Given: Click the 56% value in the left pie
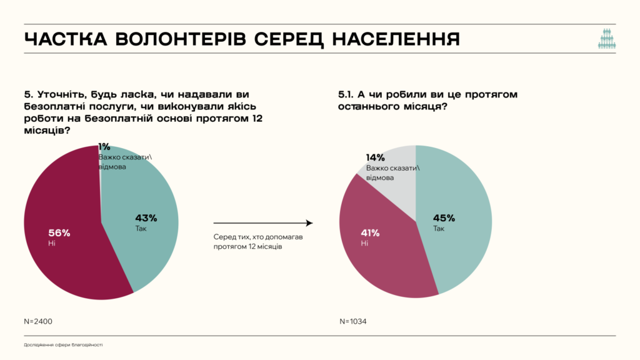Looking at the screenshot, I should (59, 232).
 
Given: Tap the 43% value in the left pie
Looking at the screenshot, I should (146, 218).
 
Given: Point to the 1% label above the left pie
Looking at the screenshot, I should (104, 146).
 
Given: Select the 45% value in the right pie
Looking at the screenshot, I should (444, 218).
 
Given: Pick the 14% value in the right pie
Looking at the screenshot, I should (375, 157).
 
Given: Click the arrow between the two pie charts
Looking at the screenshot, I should (262, 222).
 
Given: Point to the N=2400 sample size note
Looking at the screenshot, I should (38, 321).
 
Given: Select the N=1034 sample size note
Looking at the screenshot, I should (353, 321).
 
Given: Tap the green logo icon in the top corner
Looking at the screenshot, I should (606, 39).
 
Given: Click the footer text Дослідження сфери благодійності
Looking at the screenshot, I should (63, 344).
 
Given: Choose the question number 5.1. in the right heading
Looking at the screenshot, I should (347, 94).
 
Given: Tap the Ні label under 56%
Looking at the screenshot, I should (52, 242).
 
